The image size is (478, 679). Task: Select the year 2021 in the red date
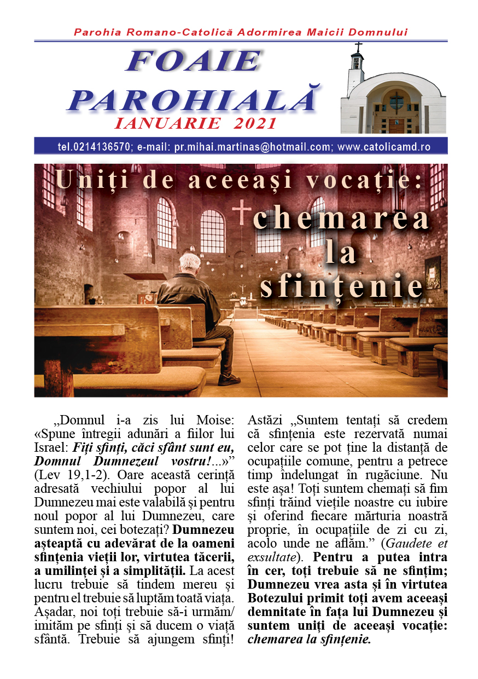pos(255,124)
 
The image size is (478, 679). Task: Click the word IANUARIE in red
pos(168,124)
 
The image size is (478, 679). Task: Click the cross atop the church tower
pos(359,47)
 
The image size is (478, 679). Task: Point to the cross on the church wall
pos(241,212)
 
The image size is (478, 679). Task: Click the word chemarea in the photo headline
pos(341,219)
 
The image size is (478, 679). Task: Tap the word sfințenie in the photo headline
pos(342,285)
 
